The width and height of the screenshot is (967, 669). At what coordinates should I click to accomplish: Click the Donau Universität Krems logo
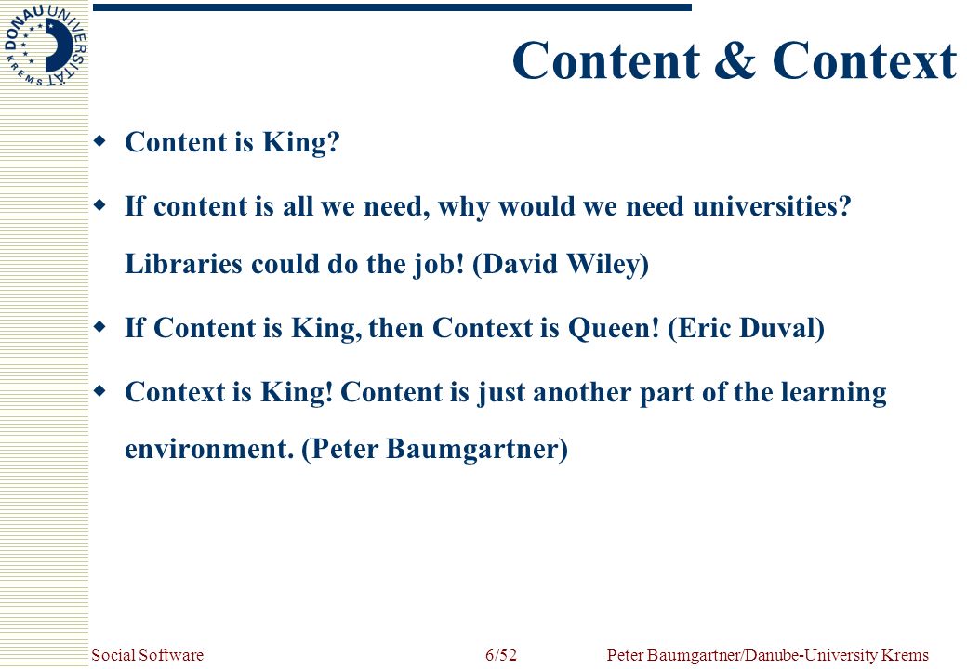click(x=45, y=46)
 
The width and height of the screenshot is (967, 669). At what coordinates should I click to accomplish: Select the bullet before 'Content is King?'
click(x=99, y=141)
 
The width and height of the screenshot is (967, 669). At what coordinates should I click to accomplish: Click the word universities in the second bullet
click(x=772, y=205)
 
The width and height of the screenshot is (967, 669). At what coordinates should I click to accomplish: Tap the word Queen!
click(x=614, y=328)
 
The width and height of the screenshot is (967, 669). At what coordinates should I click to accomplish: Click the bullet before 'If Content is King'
click(x=99, y=327)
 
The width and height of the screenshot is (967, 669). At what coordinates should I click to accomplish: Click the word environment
click(x=209, y=449)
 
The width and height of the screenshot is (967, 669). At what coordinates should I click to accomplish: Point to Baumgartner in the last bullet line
click(x=477, y=449)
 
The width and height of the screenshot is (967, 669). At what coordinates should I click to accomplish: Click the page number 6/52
click(x=501, y=655)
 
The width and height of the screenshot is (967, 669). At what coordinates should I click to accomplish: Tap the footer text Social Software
click(x=148, y=655)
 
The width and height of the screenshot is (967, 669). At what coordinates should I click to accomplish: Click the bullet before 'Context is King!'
click(x=99, y=391)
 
